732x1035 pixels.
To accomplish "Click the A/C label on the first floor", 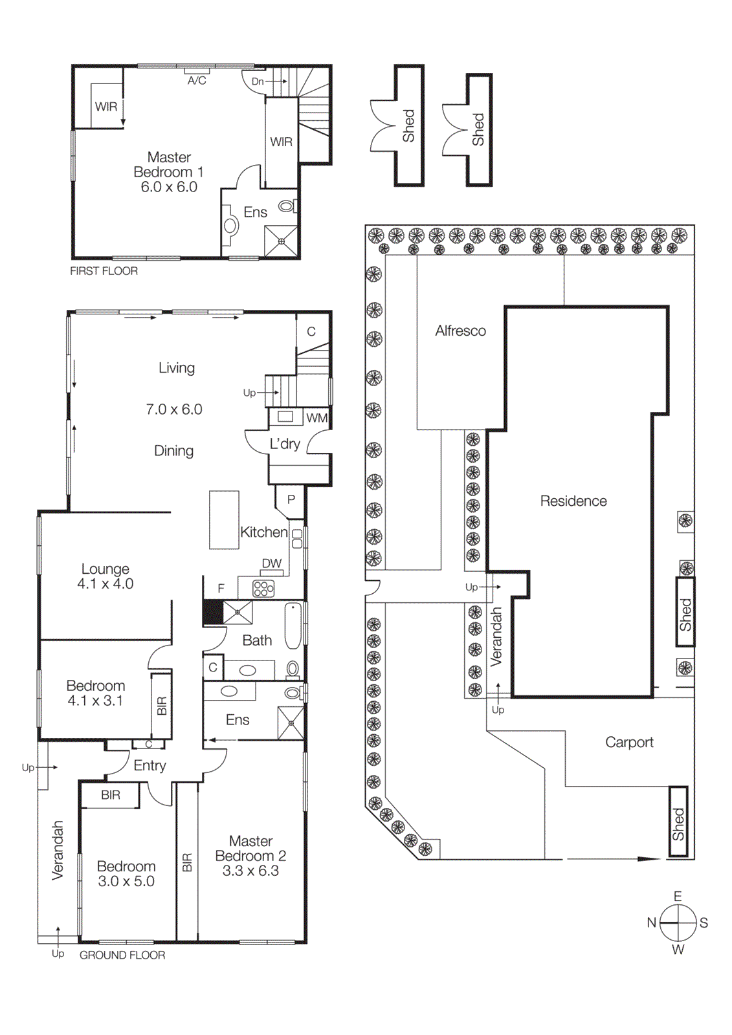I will [197, 81].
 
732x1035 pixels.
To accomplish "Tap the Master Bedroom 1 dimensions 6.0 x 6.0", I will [169, 187].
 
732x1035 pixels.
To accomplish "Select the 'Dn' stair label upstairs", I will [258, 82].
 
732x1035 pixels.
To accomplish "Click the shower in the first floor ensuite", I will [282, 241].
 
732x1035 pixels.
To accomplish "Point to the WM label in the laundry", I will [316, 418].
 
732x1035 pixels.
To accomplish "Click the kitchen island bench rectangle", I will [224, 519].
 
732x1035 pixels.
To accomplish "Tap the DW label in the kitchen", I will [272, 563].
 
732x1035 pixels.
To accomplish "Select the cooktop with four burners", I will [263, 589].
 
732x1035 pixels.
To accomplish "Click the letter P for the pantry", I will [291, 499].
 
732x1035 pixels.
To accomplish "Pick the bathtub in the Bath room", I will [293, 626].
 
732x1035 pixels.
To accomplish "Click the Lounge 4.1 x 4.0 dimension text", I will [105, 583].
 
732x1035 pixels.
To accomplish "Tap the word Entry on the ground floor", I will [150, 765].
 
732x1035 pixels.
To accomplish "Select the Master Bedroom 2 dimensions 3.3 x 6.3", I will [250, 871].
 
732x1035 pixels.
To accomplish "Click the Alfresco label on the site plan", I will [460, 331].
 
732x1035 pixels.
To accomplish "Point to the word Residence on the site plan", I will [573, 501].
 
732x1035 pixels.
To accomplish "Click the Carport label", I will [629, 742].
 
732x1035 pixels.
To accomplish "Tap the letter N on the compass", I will [652, 922].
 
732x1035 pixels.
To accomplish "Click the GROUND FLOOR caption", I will [122, 955].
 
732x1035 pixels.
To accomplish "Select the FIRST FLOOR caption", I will [104, 271].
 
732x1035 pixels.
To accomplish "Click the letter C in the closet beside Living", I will [311, 331].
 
